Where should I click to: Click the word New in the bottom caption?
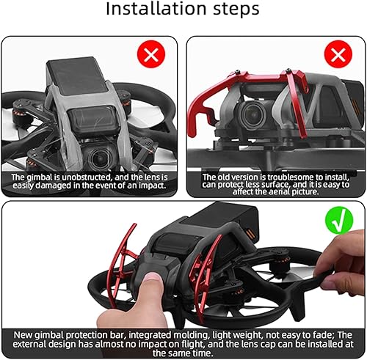[24, 334]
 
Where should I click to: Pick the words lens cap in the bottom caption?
[254, 344]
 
